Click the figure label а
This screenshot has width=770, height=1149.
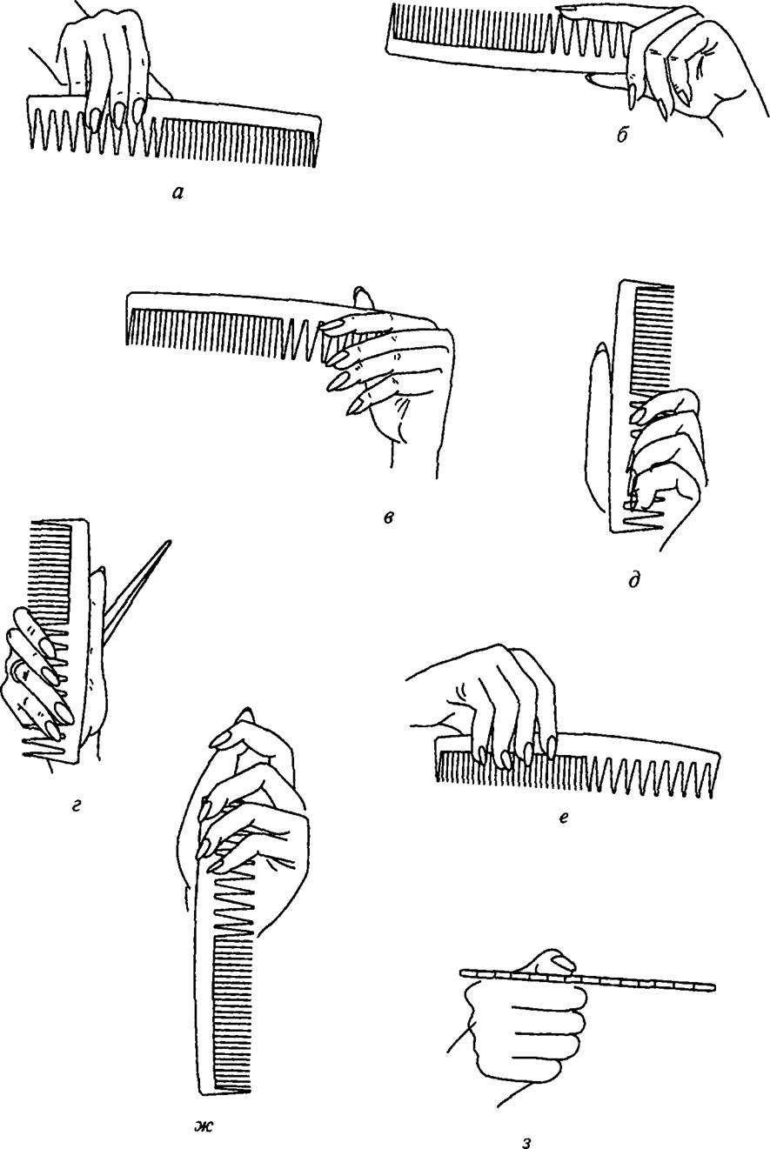click(177, 193)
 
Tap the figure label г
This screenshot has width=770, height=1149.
click(77, 807)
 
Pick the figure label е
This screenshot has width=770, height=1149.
click(563, 818)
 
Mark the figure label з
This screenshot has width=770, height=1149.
click(525, 1141)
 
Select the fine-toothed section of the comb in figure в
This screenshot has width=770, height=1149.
click(205, 331)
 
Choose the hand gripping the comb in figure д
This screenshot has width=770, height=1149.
click(666, 462)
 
